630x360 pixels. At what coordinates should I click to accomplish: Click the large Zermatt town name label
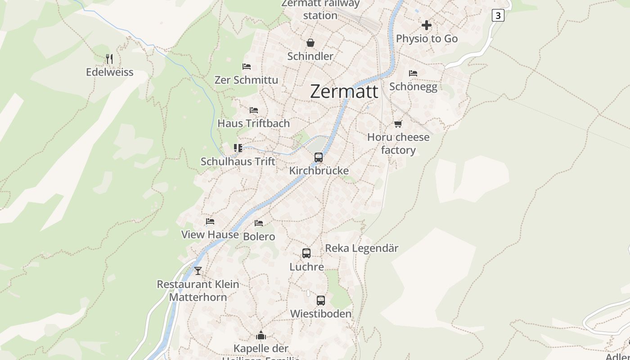(344, 91)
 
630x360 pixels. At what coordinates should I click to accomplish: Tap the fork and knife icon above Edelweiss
(109, 58)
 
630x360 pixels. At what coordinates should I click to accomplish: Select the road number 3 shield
(497, 15)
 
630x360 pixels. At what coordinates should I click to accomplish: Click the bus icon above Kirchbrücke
(319, 157)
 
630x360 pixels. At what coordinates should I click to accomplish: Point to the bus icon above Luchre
(306, 253)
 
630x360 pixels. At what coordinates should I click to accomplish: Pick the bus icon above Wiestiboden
(321, 301)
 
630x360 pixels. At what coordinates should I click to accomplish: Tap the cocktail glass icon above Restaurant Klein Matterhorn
(198, 271)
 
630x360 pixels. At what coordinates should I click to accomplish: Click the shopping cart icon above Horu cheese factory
(398, 124)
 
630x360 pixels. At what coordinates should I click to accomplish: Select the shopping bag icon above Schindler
(310, 43)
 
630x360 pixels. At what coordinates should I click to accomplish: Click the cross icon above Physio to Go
(427, 25)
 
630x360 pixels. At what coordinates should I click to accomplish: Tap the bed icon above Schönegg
(413, 73)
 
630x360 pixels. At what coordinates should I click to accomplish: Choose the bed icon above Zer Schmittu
(247, 67)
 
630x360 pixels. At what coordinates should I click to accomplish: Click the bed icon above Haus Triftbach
(254, 110)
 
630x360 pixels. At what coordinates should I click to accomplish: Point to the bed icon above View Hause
(210, 221)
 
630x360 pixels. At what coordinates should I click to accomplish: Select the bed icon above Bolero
(259, 223)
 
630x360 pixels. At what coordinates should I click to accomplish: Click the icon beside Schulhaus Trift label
(238, 148)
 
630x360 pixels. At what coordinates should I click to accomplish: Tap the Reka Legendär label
(362, 248)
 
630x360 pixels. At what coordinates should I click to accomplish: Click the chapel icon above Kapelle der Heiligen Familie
(261, 335)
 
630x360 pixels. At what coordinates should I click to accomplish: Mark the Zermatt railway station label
(320, 9)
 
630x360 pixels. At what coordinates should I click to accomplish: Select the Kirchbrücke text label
(319, 171)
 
